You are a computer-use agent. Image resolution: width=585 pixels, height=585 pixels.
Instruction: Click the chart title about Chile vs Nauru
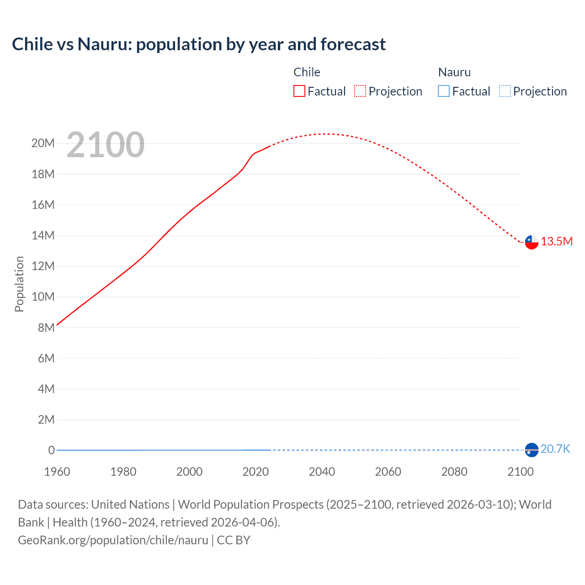[199, 44]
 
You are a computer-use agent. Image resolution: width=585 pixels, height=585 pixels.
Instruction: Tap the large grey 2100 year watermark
[106, 145]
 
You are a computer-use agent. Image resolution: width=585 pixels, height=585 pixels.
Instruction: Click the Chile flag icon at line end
[532, 242]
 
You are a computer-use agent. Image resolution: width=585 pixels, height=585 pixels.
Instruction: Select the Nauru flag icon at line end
[532, 450]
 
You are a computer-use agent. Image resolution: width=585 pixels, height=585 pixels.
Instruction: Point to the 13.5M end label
[557, 242]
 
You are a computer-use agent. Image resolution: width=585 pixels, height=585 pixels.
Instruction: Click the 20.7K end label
[555, 449]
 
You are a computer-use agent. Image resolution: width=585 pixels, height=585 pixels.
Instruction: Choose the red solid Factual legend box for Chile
[299, 91]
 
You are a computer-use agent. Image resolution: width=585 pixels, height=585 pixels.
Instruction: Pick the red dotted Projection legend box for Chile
[360, 91]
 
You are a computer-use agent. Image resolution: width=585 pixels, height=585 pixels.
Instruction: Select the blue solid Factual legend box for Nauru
[444, 91]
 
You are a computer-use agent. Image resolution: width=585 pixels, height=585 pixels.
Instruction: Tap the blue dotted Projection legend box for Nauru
[505, 91]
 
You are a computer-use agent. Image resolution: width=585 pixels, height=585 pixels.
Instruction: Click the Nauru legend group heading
[454, 72]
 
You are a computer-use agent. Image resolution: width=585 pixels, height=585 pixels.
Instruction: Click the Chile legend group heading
[307, 72]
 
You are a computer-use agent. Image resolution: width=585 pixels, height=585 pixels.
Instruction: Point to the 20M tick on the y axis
[43, 144]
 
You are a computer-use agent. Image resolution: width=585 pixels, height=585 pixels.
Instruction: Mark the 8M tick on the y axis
[46, 328]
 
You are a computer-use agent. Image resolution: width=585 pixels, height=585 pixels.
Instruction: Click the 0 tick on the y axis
[52, 450]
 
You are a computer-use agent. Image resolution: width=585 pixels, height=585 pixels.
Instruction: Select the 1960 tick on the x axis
[57, 472]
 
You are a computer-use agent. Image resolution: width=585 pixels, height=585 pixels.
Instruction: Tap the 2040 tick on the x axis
[322, 472]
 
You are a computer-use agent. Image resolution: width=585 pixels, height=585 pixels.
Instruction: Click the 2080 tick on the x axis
[454, 472]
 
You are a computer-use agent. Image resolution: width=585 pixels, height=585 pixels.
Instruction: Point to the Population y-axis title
[19, 284]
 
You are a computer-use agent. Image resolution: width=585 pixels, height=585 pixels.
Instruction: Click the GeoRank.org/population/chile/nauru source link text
[113, 540]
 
